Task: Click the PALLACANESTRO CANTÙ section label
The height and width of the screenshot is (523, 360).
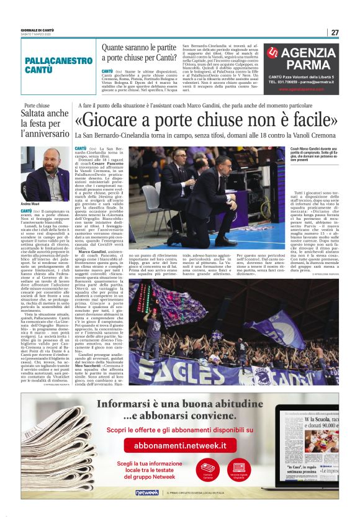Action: point(59,65)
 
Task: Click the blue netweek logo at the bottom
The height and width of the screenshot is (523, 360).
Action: point(146,493)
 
